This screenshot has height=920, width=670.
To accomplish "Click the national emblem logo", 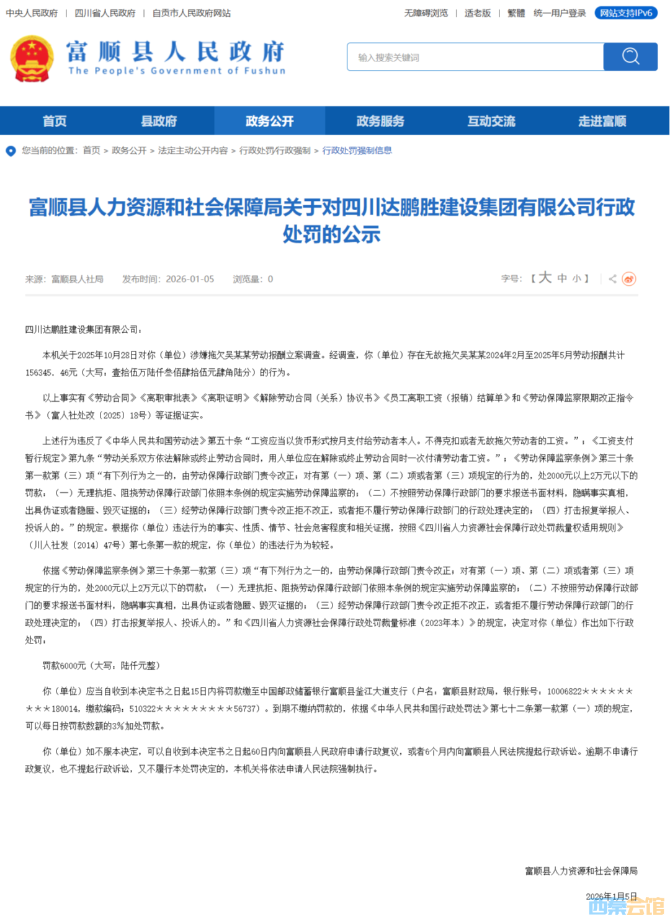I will [32, 58].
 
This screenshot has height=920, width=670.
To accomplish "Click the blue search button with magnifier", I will [630, 56].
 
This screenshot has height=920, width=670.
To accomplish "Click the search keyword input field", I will [475, 57].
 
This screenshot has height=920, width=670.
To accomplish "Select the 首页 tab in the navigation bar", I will [55, 121].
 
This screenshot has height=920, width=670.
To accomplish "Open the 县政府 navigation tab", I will [159, 121].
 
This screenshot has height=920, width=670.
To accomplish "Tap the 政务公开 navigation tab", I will [269, 121].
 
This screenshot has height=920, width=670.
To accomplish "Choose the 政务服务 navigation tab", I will [380, 121].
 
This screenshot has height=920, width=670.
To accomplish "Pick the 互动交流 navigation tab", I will [491, 121].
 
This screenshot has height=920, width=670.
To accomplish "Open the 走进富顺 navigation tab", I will [602, 121].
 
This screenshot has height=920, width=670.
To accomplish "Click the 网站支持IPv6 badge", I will [626, 13].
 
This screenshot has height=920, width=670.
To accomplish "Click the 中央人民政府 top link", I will [32, 13].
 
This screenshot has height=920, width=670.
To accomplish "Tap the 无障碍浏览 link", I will [426, 13].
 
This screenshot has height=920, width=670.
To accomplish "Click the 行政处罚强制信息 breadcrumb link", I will [357, 151].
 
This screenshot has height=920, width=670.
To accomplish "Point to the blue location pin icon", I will [11, 151].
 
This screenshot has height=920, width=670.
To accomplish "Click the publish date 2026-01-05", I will [190, 279].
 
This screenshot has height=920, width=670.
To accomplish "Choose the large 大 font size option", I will [545, 278].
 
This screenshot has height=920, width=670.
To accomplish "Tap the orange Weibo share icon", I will [629, 279].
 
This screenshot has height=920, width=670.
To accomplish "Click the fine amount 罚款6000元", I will [64, 666].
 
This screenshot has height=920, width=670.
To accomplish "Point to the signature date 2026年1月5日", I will [611, 896].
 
